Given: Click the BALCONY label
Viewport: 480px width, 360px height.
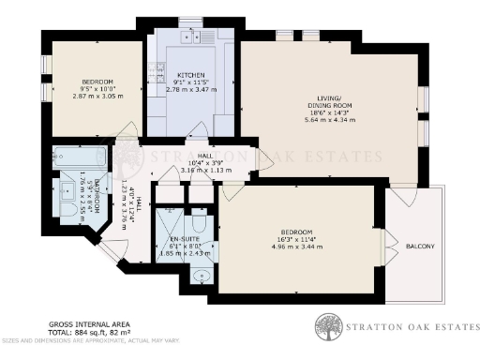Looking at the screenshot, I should pos(419,247).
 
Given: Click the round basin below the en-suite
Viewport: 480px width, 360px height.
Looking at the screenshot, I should pos(205,277).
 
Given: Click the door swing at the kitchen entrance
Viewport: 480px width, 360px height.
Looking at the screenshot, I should pos(198,128).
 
